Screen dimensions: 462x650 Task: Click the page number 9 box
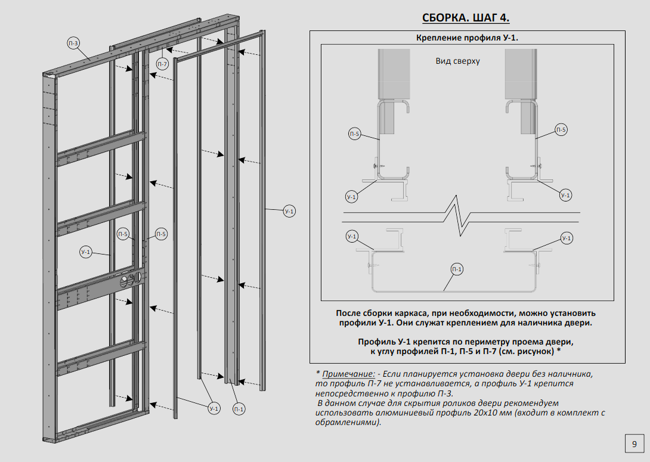(634, 444)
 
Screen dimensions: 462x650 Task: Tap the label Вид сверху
(457, 61)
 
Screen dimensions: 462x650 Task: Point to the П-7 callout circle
(162, 63)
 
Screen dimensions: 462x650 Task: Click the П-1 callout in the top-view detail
(457, 270)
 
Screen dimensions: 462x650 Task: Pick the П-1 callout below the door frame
(239, 409)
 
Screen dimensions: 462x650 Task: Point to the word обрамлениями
(347, 422)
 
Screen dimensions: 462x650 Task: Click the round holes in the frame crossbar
(131, 279)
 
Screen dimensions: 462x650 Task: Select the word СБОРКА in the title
(444, 17)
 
